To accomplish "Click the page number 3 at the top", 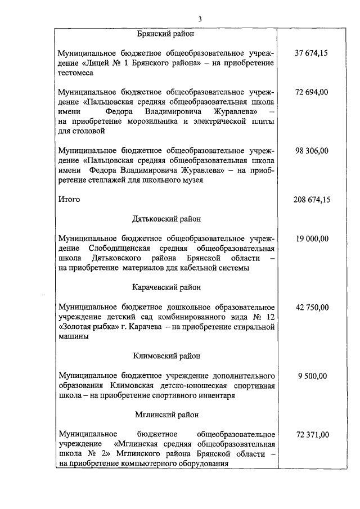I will tap(200, 20).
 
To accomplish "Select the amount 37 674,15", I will tap(311, 53).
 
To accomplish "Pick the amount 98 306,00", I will tap(311, 150).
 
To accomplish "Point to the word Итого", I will tap(69, 199).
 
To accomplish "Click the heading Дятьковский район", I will tap(166, 219).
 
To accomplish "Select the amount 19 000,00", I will tap(311, 238).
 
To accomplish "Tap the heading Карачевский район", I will tap(166, 287).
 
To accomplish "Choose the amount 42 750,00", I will tap(311, 307).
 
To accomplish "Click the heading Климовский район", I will tap(166, 356).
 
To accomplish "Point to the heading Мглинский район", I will tap(166, 415).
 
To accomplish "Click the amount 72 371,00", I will tap(311, 435).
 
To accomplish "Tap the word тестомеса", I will tap(76, 73).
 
